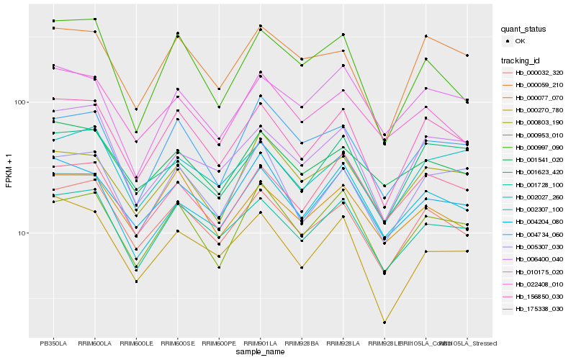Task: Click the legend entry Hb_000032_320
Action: (539, 73)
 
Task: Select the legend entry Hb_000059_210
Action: (539, 85)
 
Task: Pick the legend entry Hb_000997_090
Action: (539, 147)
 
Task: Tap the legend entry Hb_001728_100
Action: (539, 184)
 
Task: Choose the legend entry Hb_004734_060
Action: (539, 234)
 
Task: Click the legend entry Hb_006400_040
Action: (539, 259)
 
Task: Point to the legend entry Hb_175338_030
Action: (539, 309)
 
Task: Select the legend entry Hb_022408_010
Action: (539, 284)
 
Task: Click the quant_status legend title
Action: (523, 29)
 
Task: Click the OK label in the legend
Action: (520, 41)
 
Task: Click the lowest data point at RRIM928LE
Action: (384, 323)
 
